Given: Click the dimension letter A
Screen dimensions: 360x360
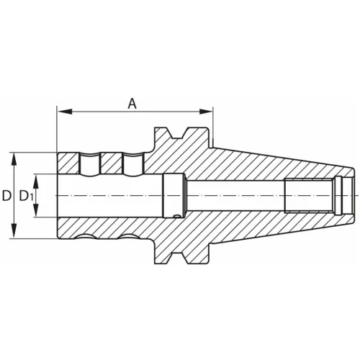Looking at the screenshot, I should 132,104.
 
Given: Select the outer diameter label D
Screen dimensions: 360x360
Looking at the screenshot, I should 6,196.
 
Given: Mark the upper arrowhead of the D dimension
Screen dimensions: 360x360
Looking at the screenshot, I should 13,157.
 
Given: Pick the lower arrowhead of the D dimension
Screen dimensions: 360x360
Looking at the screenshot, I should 13,235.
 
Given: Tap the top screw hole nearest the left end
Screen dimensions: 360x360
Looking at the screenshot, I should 90,163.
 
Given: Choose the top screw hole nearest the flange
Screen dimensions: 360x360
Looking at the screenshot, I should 133,163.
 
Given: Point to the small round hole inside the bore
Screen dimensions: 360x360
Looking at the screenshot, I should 177,213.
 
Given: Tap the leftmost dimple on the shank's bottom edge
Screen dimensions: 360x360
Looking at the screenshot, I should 90,237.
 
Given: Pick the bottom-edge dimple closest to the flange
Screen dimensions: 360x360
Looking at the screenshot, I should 132,237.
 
